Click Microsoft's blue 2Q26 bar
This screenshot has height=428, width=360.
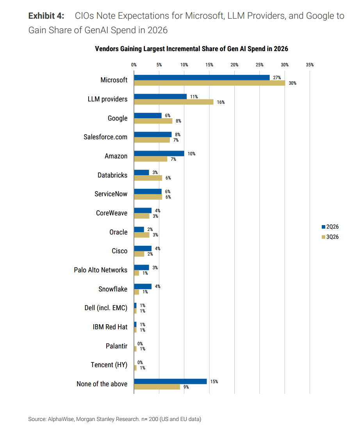[202, 78]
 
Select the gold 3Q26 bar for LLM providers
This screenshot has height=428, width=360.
[174, 102]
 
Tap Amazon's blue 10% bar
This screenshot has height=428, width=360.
[159, 154]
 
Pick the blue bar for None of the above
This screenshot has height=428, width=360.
[171, 381]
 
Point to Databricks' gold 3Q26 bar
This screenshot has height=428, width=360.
[148, 178]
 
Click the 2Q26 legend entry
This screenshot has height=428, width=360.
[330, 227]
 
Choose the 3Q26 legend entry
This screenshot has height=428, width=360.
[330, 237]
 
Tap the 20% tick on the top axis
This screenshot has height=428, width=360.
[234, 65]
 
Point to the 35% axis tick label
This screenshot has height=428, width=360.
[310, 65]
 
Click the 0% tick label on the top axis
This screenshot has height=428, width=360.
[134, 65]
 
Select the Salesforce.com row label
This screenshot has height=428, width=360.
[105, 137]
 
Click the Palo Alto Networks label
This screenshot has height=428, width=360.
[100, 270]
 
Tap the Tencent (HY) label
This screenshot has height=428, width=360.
[109, 365]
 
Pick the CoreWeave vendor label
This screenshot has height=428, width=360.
[112, 213]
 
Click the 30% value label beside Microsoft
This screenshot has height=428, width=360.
[292, 83]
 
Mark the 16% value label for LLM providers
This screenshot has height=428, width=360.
[221, 102]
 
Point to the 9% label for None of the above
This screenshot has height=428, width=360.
[186, 387]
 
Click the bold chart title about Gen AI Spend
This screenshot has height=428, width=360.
[191, 49]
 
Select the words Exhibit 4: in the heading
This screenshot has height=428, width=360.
[46, 16]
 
